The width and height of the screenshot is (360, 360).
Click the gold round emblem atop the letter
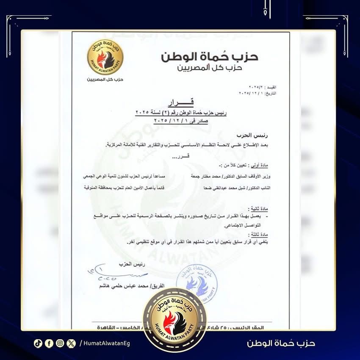(x=105, y=58)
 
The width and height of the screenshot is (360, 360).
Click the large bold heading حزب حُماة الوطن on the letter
(x=210, y=57)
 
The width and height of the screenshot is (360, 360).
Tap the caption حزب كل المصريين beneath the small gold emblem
(x=105, y=80)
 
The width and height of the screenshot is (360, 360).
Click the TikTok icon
(x=38, y=343)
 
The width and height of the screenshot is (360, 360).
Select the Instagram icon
(x=60, y=343)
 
